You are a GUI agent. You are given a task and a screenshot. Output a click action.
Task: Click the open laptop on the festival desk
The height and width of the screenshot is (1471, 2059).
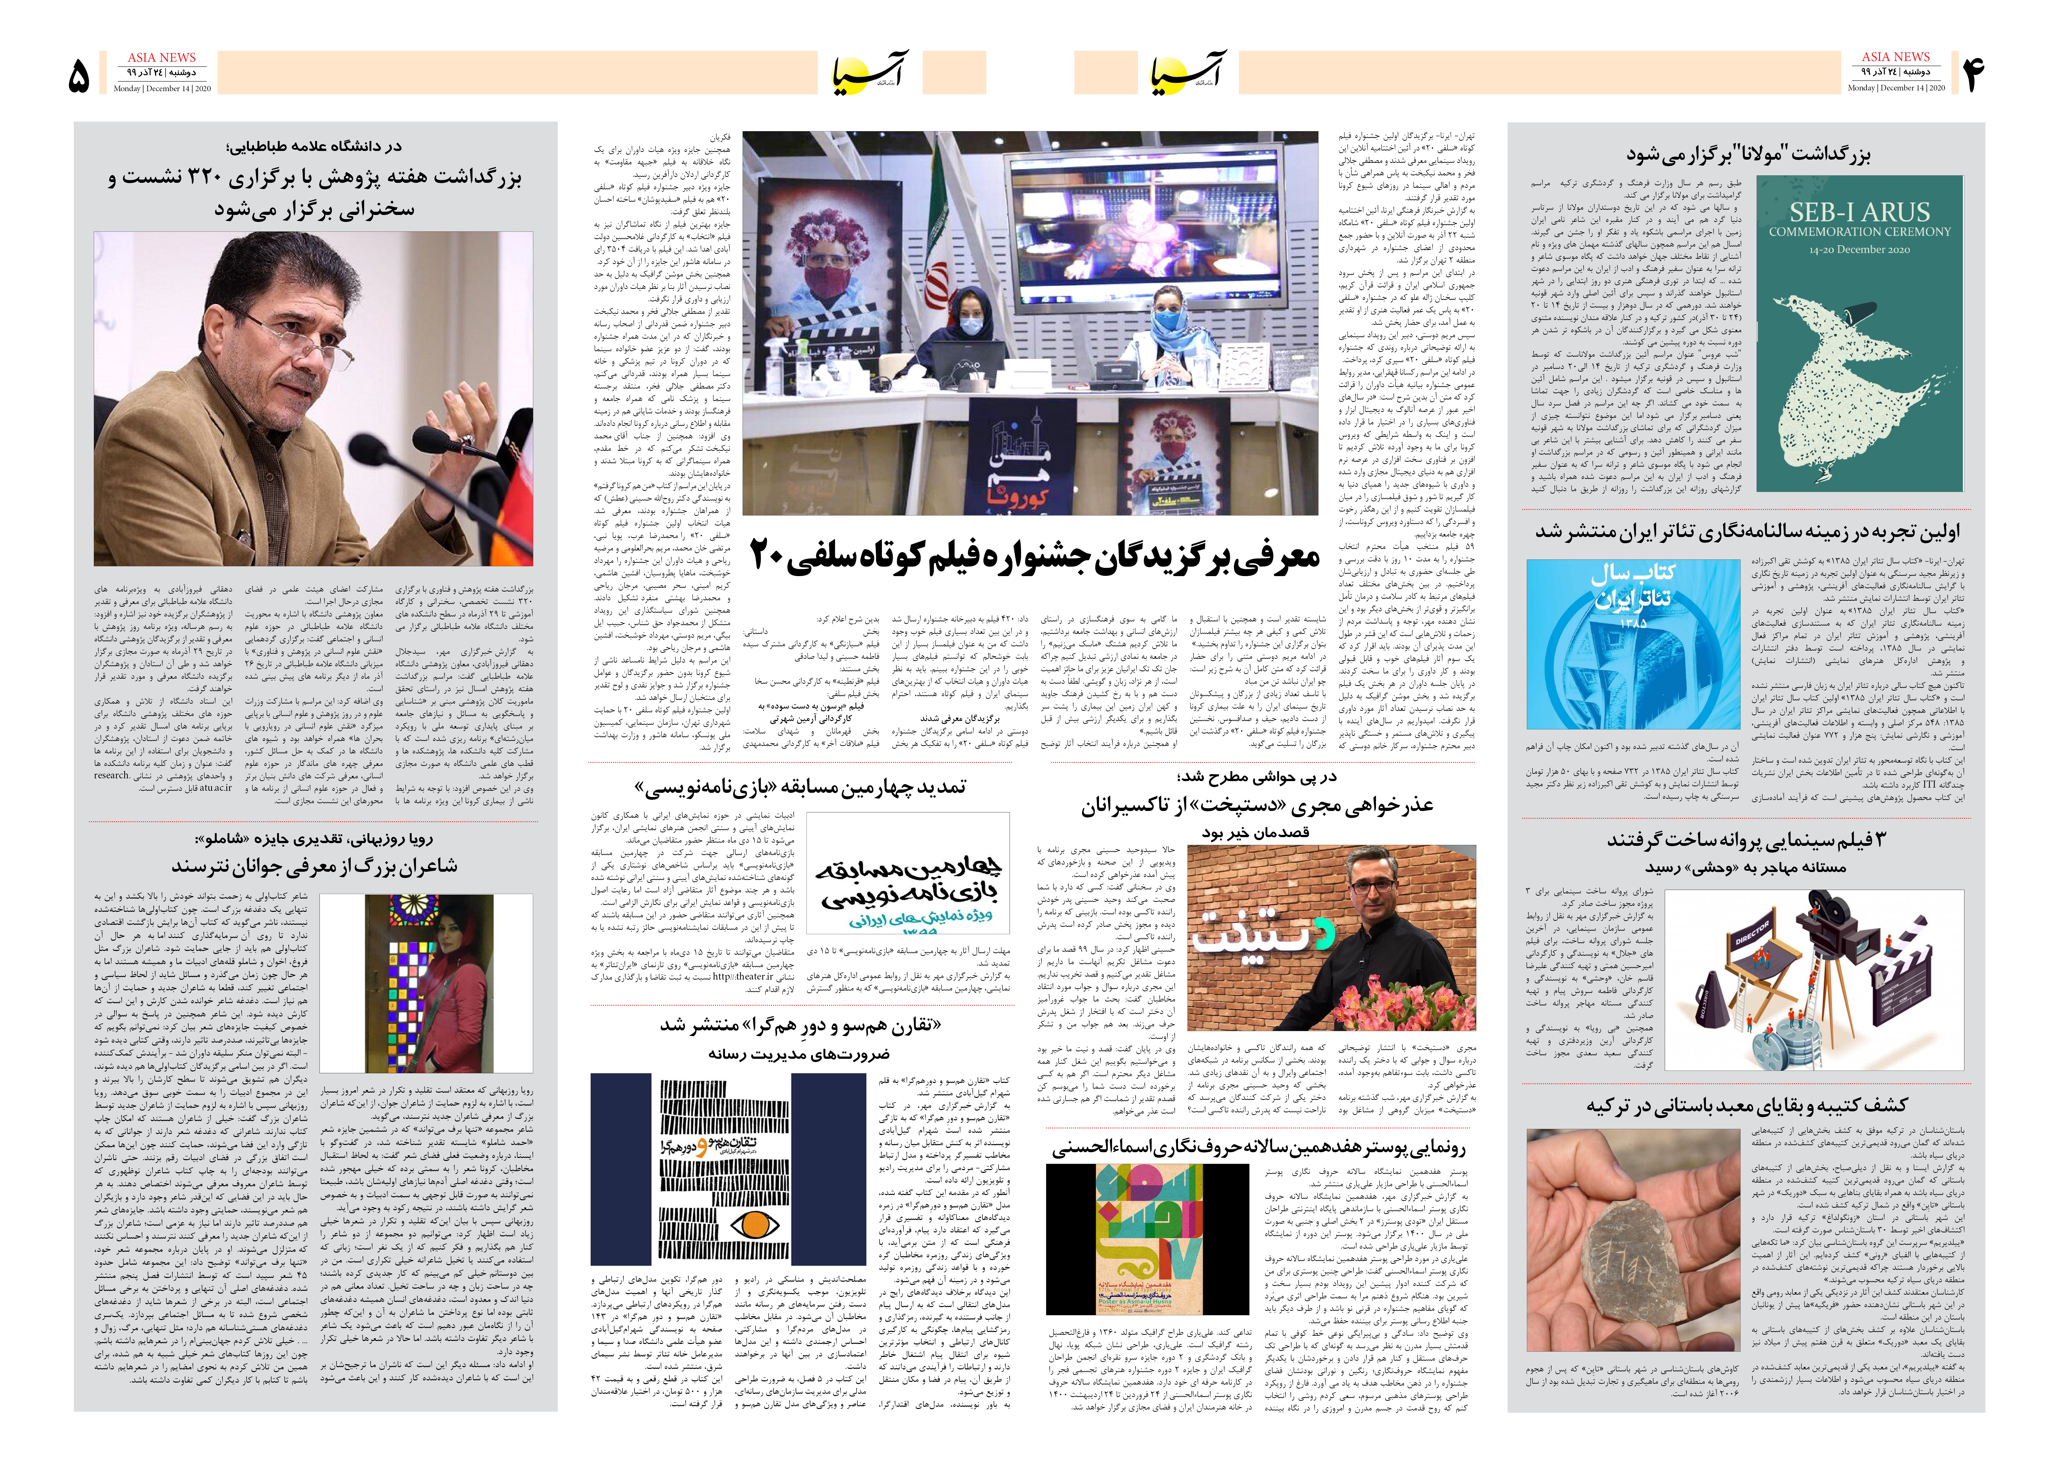point(962,358)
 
